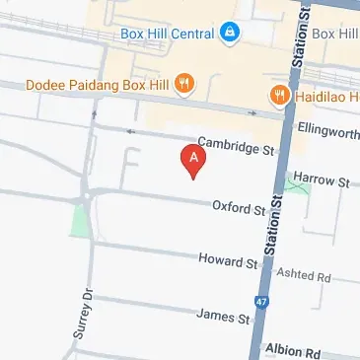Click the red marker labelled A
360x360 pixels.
coord(194,160)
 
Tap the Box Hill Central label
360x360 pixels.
coord(167,34)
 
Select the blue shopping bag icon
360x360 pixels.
coord(230,34)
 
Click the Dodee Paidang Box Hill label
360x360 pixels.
coord(99,85)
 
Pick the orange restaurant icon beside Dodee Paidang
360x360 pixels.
coord(183,86)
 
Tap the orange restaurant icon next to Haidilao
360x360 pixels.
coord(278,95)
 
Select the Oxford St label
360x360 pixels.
coord(240,208)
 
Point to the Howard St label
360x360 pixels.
coord(227,263)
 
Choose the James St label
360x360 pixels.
coord(222,317)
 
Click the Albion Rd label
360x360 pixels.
coord(293,352)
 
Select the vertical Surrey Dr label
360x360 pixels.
coord(83,315)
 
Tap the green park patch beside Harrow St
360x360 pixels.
coord(297,183)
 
